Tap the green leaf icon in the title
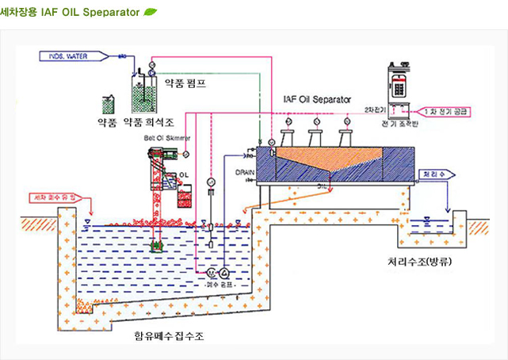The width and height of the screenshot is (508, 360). tap(150, 13)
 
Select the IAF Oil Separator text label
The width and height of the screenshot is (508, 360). tap(316, 101)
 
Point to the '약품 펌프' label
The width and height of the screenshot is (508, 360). tap(184, 82)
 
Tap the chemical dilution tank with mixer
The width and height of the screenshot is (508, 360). tap(143, 95)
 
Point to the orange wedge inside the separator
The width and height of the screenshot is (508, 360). tap(317, 163)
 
